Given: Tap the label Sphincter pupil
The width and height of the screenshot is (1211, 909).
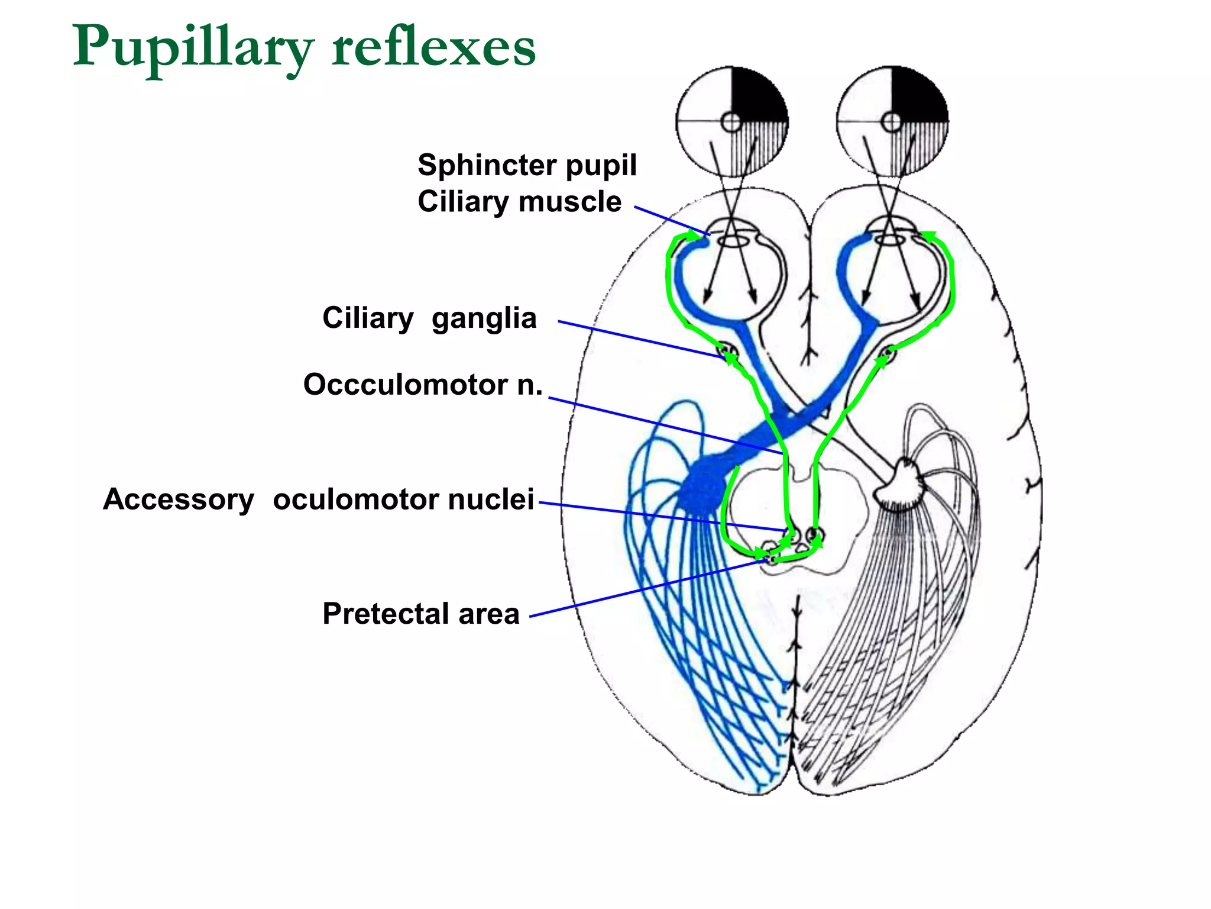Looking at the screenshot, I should tap(527, 165).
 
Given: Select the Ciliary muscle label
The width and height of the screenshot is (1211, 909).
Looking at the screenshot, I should tap(519, 202).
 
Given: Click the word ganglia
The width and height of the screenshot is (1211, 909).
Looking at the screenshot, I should tap(484, 318).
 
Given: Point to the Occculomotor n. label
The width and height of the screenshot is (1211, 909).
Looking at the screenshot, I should tap(422, 385).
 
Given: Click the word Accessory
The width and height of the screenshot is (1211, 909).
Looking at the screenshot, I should tap(179, 499).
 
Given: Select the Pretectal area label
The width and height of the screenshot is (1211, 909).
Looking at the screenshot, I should tap(420, 614).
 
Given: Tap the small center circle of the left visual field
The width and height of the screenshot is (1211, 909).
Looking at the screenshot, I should tap(731, 123).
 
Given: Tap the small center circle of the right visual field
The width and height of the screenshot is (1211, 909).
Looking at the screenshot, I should tap(892, 123).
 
